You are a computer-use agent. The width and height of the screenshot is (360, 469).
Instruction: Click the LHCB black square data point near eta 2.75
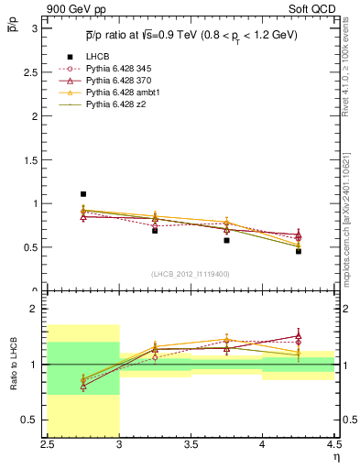83,194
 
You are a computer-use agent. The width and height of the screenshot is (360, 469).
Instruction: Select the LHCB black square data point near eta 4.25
299,251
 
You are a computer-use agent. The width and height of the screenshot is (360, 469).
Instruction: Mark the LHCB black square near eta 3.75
226,240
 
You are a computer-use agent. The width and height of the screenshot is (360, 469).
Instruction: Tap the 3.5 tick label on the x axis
191,445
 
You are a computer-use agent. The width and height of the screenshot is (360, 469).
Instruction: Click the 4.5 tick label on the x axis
333,445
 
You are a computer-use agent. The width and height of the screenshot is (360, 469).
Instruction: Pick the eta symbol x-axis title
335,456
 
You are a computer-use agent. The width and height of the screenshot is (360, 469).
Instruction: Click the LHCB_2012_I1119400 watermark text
191,275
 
